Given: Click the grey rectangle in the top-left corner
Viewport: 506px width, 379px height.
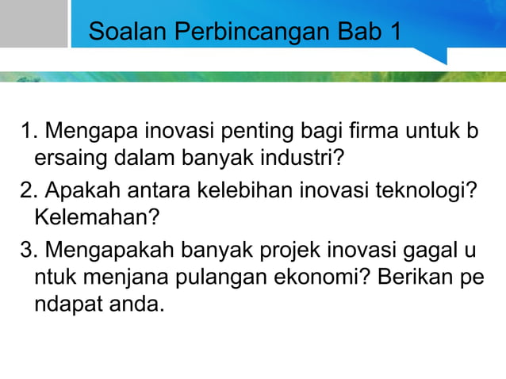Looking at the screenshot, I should [33, 24].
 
